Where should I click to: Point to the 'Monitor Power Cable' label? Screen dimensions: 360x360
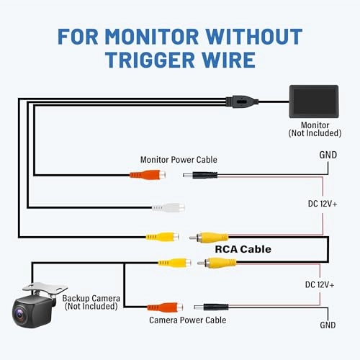coord(178,159)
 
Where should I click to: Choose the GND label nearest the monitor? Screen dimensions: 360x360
coord(328,155)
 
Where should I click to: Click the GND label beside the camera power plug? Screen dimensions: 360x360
coord(328,325)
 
